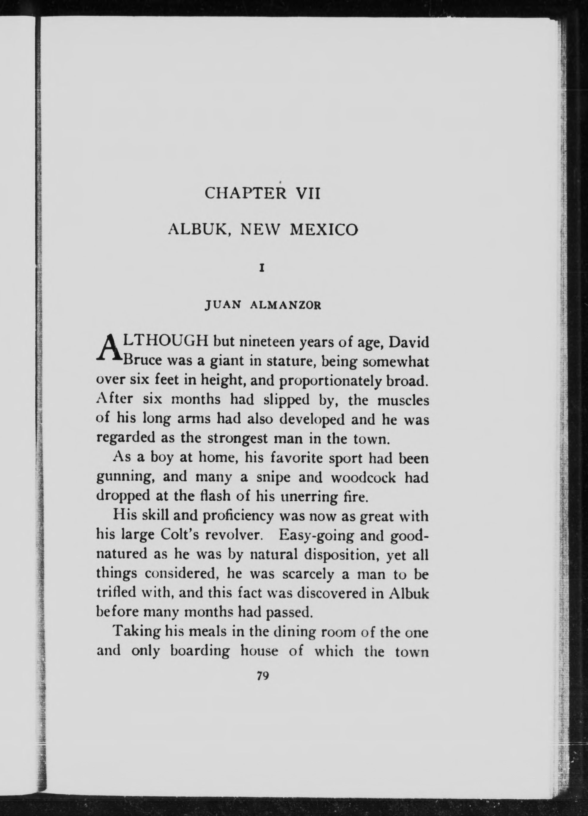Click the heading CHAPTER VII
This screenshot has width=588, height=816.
[x=262, y=194]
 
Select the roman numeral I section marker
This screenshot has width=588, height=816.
[x=263, y=268]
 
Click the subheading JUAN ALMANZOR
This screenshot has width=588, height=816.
[x=262, y=306]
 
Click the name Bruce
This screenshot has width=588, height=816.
[x=142, y=361]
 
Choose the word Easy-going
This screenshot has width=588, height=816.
[x=317, y=536]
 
